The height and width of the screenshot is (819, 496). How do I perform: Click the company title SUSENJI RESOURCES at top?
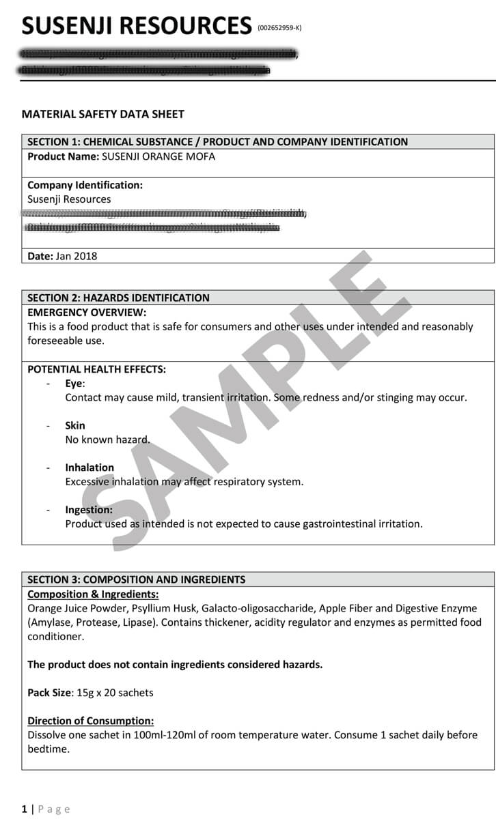(x=137, y=25)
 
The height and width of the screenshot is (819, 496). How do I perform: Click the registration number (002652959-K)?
(x=279, y=28)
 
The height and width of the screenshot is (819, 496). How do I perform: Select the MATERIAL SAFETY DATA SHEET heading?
(x=103, y=114)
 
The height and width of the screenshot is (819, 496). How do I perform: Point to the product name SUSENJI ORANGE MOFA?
(x=159, y=156)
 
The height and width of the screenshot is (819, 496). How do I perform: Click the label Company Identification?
(x=85, y=185)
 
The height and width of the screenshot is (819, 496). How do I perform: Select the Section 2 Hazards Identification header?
(x=118, y=298)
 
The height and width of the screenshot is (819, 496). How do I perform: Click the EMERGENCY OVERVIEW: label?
(x=87, y=312)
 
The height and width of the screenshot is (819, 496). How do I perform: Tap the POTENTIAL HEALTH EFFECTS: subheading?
(x=96, y=369)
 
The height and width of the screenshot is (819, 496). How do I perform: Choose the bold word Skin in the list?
(x=75, y=425)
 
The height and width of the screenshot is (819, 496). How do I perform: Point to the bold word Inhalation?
(x=89, y=468)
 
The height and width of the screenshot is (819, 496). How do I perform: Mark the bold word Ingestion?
(x=89, y=510)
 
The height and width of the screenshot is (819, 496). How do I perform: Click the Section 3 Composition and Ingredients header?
(x=136, y=579)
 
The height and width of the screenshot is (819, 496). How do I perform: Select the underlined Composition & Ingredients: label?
(x=93, y=594)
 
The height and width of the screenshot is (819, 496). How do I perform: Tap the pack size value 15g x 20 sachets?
(x=115, y=693)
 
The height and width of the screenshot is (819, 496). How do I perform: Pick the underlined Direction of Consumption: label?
(x=90, y=721)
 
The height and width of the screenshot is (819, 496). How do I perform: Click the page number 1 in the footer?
(x=25, y=809)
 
